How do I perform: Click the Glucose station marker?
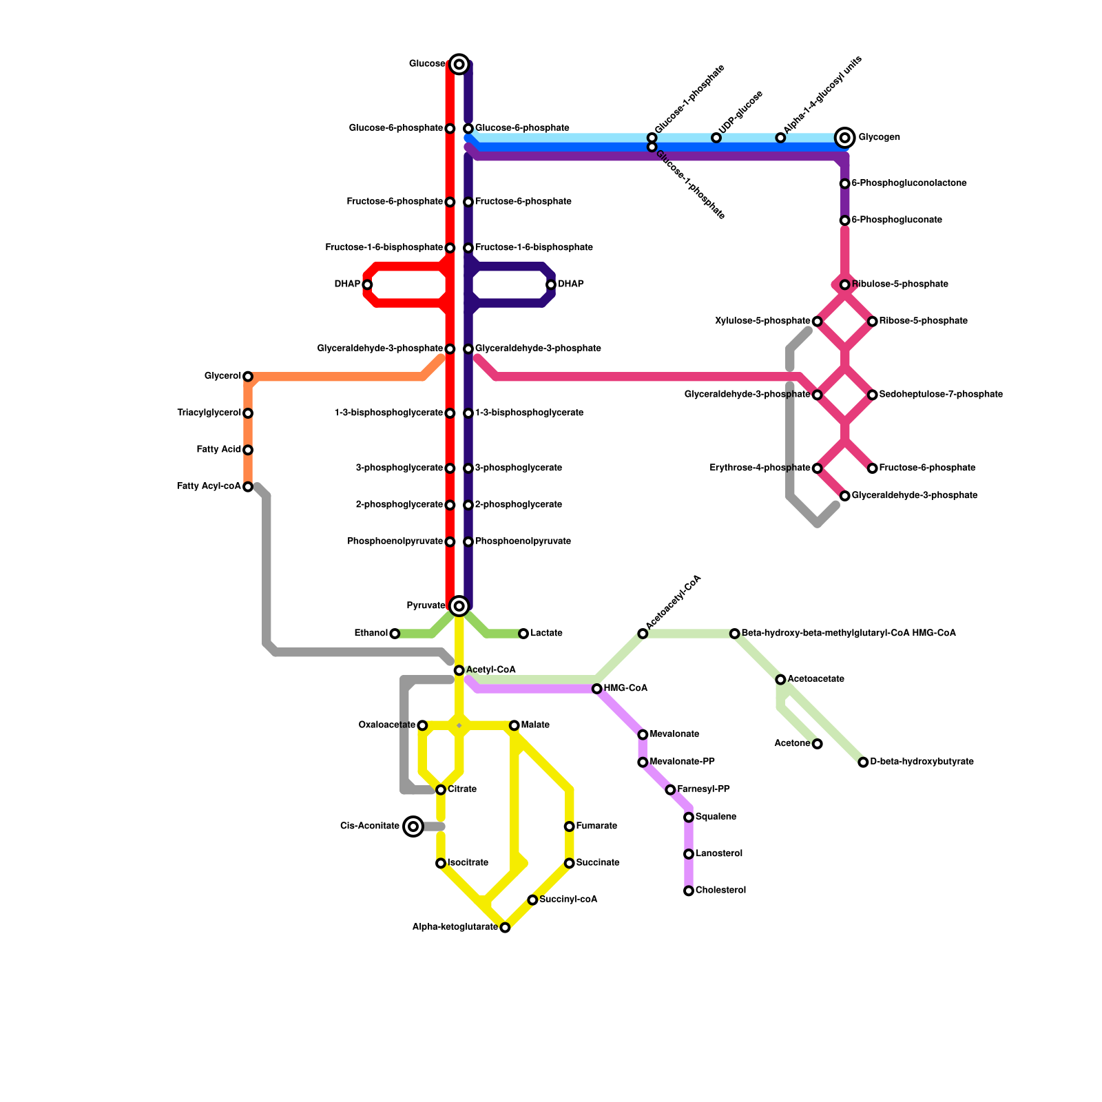tap(459, 64)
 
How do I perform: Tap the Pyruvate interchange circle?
tap(459, 606)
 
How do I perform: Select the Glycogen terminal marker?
tap(845, 138)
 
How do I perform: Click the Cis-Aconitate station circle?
tap(413, 826)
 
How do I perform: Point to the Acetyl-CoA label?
tap(490, 670)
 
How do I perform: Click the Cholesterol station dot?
tap(689, 891)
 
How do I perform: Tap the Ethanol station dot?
tap(395, 634)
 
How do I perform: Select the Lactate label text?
tap(546, 634)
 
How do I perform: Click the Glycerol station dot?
tap(248, 377)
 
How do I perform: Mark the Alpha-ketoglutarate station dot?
tap(505, 928)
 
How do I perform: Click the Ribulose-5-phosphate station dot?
tap(845, 284)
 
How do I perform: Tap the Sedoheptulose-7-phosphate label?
tap(941, 395)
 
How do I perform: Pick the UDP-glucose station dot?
tap(716, 138)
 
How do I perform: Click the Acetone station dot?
tap(818, 744)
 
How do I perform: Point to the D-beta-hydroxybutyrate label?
tap(922, 762)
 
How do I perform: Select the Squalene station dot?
tap(689, 818)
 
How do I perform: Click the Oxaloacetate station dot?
tap(422, 725)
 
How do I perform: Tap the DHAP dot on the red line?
tap(367, 284)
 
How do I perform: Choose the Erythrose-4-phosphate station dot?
tap(818, 468)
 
